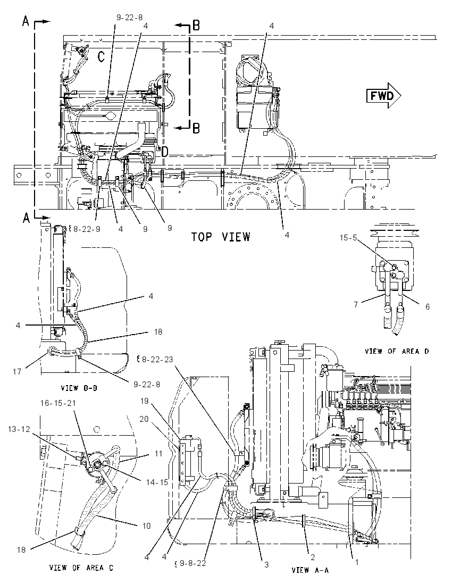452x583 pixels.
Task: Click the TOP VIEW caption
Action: (x=221, y=237)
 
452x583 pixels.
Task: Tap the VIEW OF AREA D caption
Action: (x=397, y=351)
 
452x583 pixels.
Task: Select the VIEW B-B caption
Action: (x=79, y=388)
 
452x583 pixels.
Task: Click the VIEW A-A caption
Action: (x=310, y=570)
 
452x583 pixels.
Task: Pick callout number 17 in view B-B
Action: (x=17, y=371)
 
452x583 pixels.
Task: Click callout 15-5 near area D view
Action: (x=348, y=237)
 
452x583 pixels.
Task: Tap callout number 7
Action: (x=356, y=304)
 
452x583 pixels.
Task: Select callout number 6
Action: (x=427, y=306)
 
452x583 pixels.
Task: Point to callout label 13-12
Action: (x=19, y=429)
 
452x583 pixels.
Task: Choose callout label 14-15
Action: (x=157, y=482)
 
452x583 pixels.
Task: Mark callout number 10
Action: (x=146, y=526)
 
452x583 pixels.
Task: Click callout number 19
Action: (x=145, y=401)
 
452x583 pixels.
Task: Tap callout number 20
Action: (x=144, y=419)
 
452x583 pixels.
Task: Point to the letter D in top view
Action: (x=165, y=151)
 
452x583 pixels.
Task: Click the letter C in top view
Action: (x=101, y=56)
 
